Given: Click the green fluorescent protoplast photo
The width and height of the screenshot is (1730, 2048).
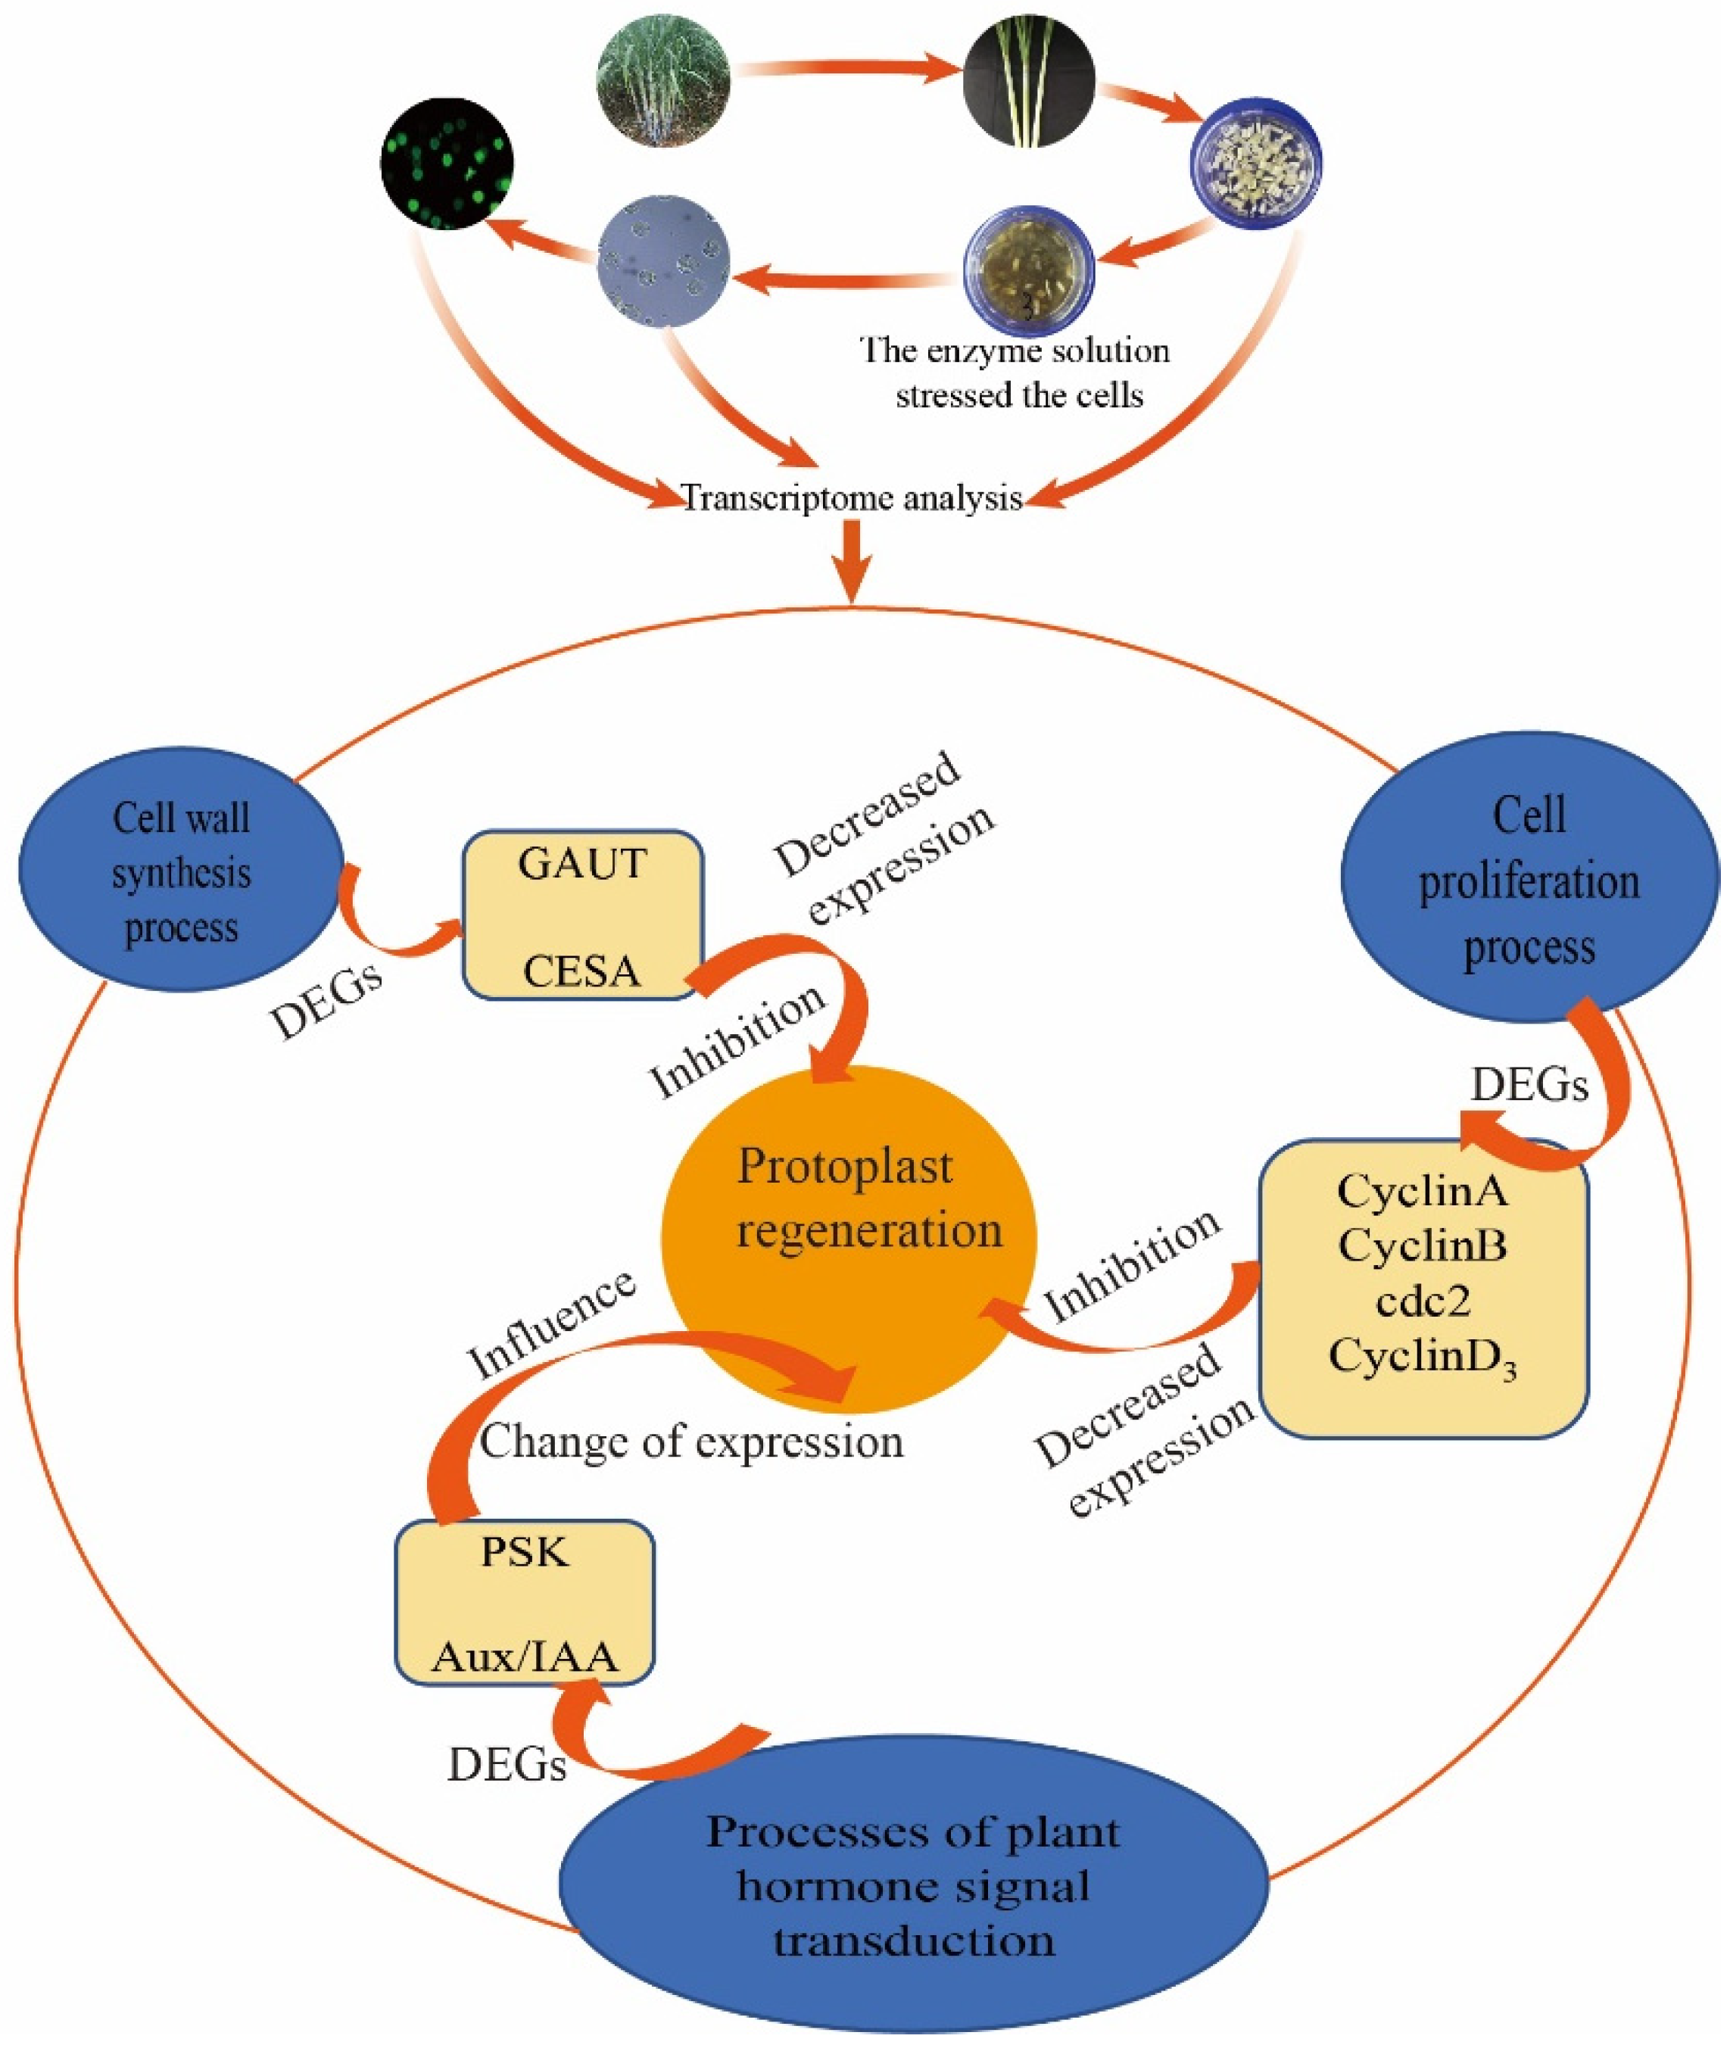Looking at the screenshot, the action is click(447, 163).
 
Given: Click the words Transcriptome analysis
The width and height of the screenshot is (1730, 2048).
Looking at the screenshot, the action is click(851, 498).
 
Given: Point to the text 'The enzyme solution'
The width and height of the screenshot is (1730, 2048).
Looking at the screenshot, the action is click(1015, 350).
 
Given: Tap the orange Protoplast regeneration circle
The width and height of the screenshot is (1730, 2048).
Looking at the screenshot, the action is click(849, 1227).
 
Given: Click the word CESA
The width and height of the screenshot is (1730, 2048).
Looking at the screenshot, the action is click(581, 972).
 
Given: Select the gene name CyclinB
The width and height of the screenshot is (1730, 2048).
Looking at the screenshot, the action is click(1422, 1247).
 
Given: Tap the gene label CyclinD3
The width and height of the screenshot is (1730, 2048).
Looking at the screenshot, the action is click(1423, 1358).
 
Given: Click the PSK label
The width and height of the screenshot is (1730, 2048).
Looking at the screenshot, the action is click(525, 1553).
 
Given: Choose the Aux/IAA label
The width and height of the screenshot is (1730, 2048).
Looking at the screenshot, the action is click(525, 1657).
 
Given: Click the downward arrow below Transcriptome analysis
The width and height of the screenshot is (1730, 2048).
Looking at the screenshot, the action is click(853, 561).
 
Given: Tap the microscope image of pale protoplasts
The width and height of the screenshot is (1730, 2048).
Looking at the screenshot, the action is click(664, 259).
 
